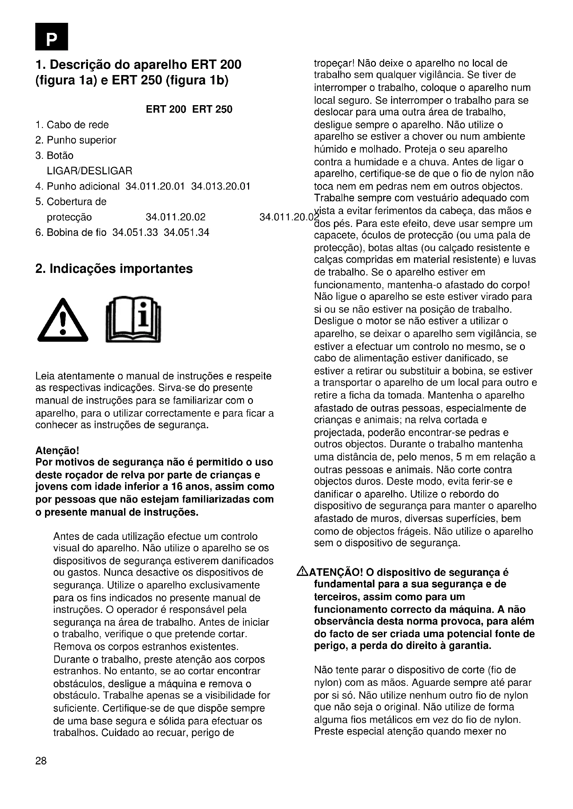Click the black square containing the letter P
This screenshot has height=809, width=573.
point(52,36)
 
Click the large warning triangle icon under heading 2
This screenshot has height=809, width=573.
point(63,321)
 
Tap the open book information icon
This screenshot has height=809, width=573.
point(133,319)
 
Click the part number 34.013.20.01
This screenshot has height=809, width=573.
point(221,186)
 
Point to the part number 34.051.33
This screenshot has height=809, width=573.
point(135,232)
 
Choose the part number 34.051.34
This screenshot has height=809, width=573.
point(186,232)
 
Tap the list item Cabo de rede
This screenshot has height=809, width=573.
point(77,125)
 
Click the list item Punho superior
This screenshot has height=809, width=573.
point(81,140)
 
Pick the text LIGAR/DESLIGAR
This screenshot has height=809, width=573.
point(89,171)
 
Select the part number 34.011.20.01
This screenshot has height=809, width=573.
point(155,186)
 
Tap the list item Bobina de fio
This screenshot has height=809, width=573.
point(76,232)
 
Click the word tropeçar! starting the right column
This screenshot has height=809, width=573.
point(334,64)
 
